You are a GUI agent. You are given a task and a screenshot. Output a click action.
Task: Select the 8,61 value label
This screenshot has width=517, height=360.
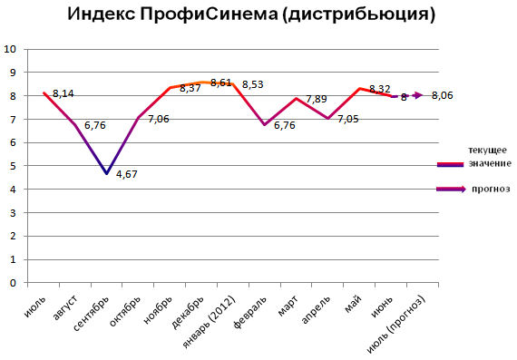(221, 83)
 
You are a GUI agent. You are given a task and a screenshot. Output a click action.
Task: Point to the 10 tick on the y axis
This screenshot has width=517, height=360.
(10, 49)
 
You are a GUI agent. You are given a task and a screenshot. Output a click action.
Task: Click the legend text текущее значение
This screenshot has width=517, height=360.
(487, 155)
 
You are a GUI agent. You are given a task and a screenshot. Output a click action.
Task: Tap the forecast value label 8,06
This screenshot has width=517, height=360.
(444, 95)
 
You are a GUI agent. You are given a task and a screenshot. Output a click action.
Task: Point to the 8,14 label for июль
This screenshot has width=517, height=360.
(63, 93)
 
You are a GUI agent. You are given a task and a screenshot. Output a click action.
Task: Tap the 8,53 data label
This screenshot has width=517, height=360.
(253, 84)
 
